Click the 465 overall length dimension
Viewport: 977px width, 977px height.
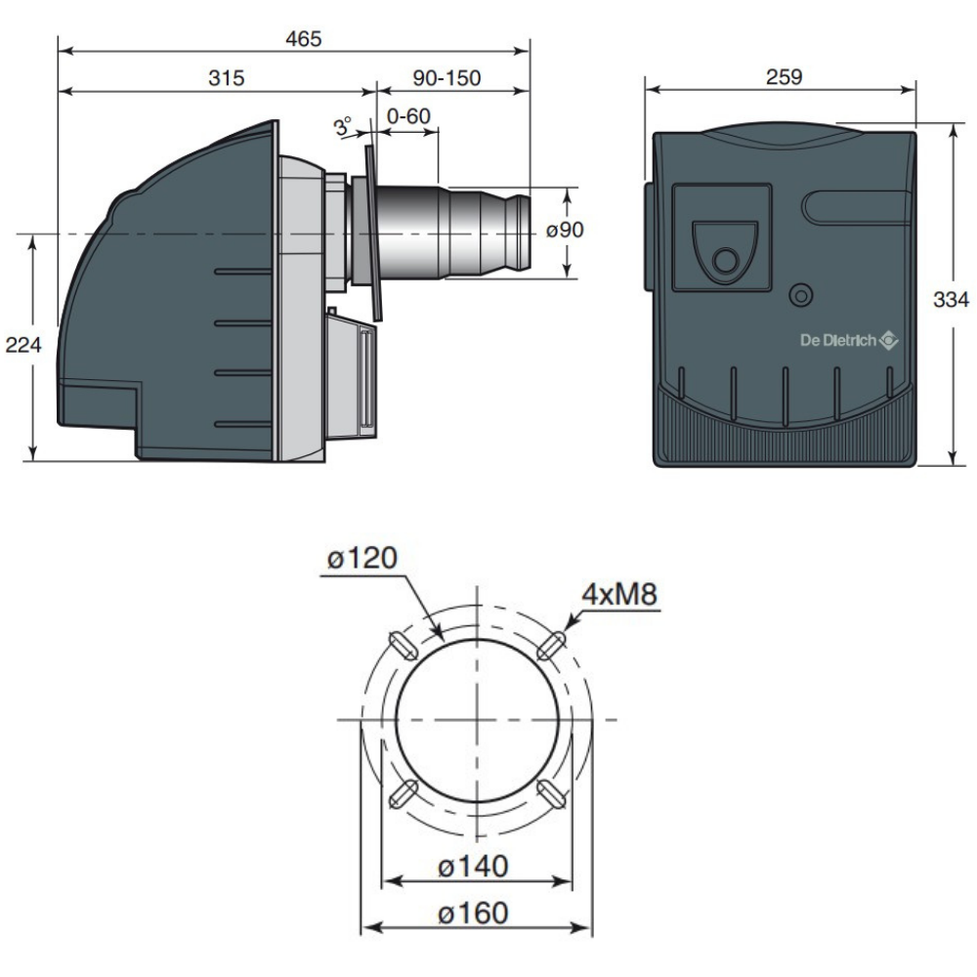(304, 39)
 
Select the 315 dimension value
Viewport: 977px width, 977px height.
(227, 78)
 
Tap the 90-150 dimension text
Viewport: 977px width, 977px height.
(446, 78)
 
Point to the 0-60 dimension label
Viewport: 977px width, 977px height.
(408, 116)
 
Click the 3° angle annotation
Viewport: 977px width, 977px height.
(343, 126)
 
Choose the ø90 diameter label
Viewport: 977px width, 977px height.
(565, 230)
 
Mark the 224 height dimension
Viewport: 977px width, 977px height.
(23, 345)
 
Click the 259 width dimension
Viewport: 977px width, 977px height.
(784, 76)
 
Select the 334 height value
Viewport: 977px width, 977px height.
(951, 300)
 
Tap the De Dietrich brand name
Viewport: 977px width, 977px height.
(838, 340)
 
